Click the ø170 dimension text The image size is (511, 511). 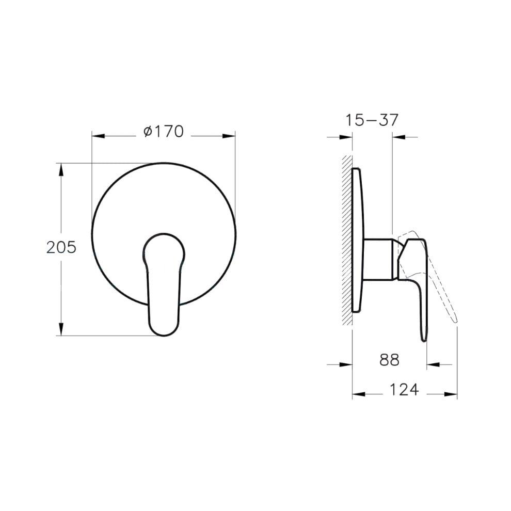[163, 132]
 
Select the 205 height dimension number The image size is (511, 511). [61, 247]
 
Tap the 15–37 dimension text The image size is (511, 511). [372, 120]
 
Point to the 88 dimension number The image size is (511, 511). [390, 360]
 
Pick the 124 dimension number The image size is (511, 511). [404, 389]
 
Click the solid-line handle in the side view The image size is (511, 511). [419, 279]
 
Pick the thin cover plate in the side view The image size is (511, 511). [358, 240]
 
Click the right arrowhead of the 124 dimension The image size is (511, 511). [452, 394]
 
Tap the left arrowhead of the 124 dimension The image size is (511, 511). [358, 394]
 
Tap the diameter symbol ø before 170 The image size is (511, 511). [147, 133]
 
